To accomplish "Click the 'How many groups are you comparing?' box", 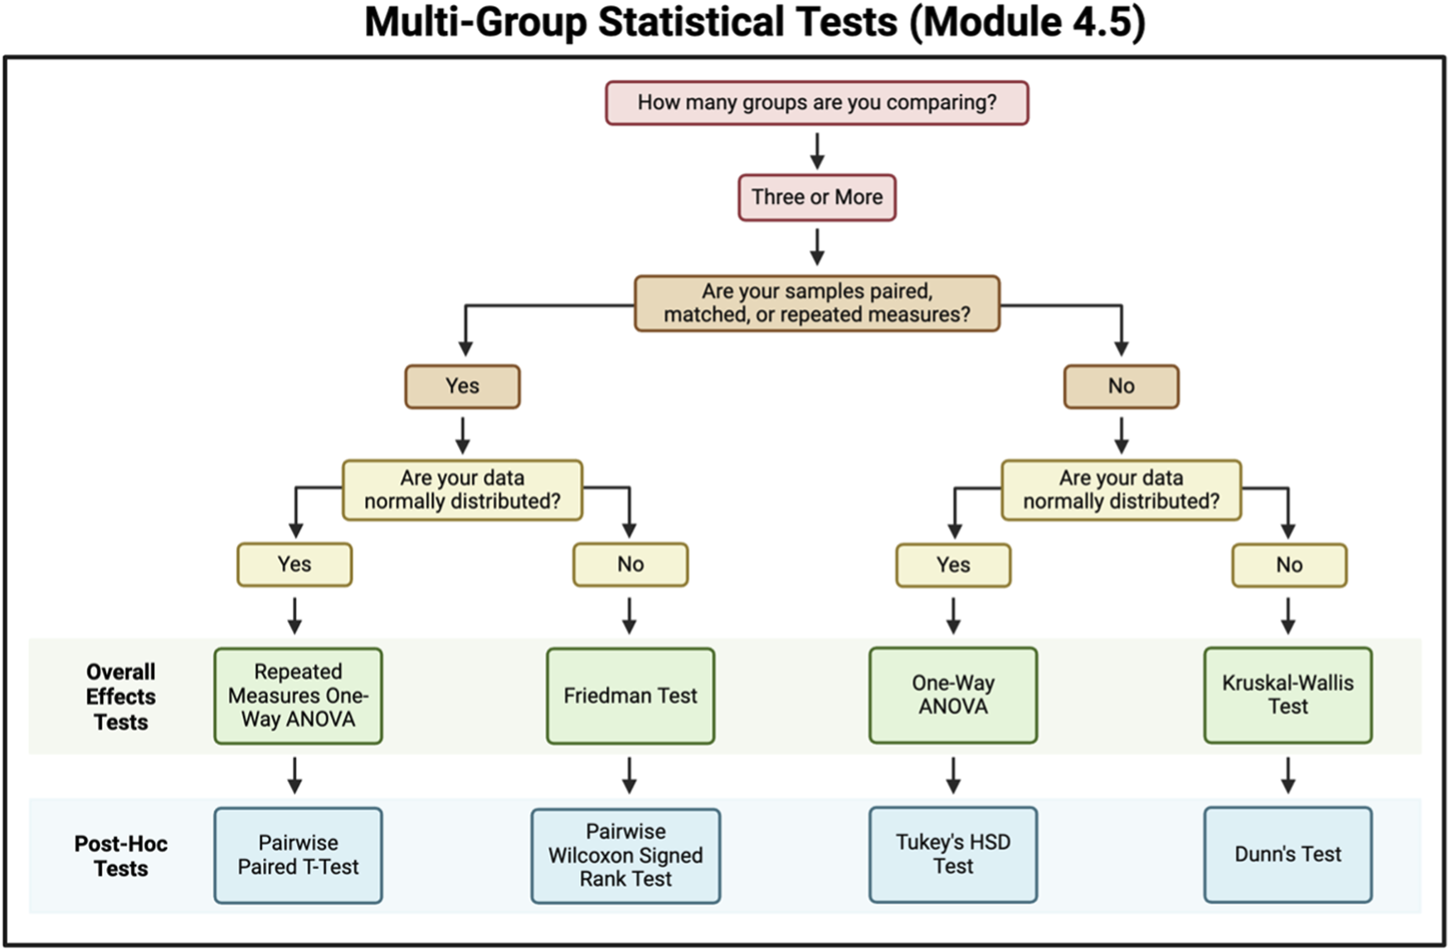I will [816, 103].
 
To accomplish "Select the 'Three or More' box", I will [816, 198].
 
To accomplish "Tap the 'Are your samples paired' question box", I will [816, 303].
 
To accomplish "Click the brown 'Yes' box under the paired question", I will [462, 386].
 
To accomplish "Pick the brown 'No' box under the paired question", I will [1121, 386].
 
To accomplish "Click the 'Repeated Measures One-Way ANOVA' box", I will [298, 695].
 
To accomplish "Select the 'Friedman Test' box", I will [630, 695].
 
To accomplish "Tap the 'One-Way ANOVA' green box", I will [952, 695].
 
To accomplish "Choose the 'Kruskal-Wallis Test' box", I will [1287, 695].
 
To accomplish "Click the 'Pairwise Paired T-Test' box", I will [298, 855].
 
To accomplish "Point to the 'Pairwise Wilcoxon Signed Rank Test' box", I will [625, 856].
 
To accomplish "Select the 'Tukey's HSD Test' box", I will [952, 854].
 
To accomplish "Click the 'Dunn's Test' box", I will [1287, 854].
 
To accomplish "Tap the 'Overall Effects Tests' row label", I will [120, 696].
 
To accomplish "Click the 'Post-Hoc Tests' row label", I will [120, 856].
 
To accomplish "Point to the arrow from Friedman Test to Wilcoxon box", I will [630, 775].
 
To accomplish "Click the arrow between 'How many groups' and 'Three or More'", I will [817, 150].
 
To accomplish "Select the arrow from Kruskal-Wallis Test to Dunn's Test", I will [1287, 775].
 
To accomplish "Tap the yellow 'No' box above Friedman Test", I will [630, 564].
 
